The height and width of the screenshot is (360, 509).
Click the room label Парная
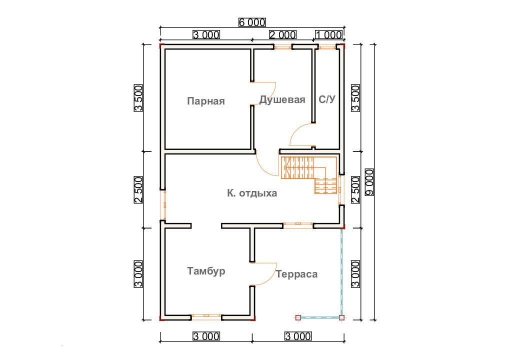[206, 101]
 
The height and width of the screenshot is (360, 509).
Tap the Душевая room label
[282, 99]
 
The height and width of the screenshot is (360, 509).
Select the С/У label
[326, 99]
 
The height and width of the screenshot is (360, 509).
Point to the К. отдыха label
[252, 193]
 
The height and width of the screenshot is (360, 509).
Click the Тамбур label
[206, 271]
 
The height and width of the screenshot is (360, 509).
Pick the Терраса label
[296, 274]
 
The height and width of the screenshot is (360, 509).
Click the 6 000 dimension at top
[252, 22]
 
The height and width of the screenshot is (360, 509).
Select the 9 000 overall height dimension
[369, 182]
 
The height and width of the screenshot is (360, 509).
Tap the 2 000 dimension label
[282, 34]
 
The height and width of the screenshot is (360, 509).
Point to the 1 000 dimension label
[328, 34]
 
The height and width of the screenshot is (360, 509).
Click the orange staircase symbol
[309, 174]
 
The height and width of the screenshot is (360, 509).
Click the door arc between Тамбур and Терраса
[263, 273]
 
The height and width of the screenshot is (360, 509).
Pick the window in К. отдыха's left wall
[164, 205]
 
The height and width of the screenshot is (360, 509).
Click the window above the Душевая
[282, 47]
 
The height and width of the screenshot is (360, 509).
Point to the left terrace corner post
[298, 317]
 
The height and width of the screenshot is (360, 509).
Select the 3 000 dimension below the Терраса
[298, 336]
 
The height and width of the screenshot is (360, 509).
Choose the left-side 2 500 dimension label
[138, 190]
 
